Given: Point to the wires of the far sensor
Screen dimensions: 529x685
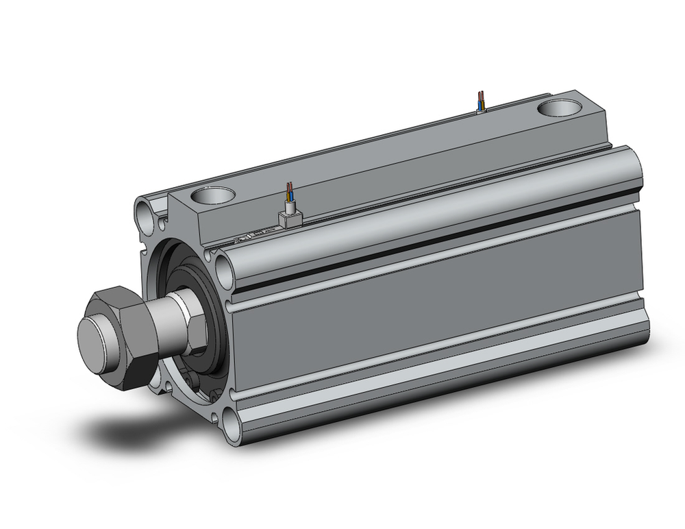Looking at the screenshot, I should pyautogui.click(x=482, y=101).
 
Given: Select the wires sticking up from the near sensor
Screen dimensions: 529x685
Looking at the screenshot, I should pyautogui.click(x=291, y=193).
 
